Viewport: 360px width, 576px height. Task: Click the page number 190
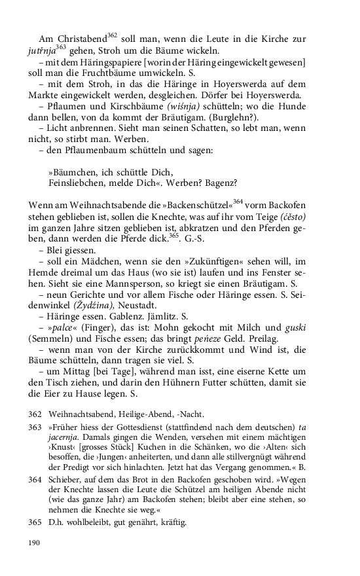[x=35, y=543]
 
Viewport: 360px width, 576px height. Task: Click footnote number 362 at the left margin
[x=35, y=414]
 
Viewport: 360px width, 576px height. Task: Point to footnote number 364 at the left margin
[x=35, y=480]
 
